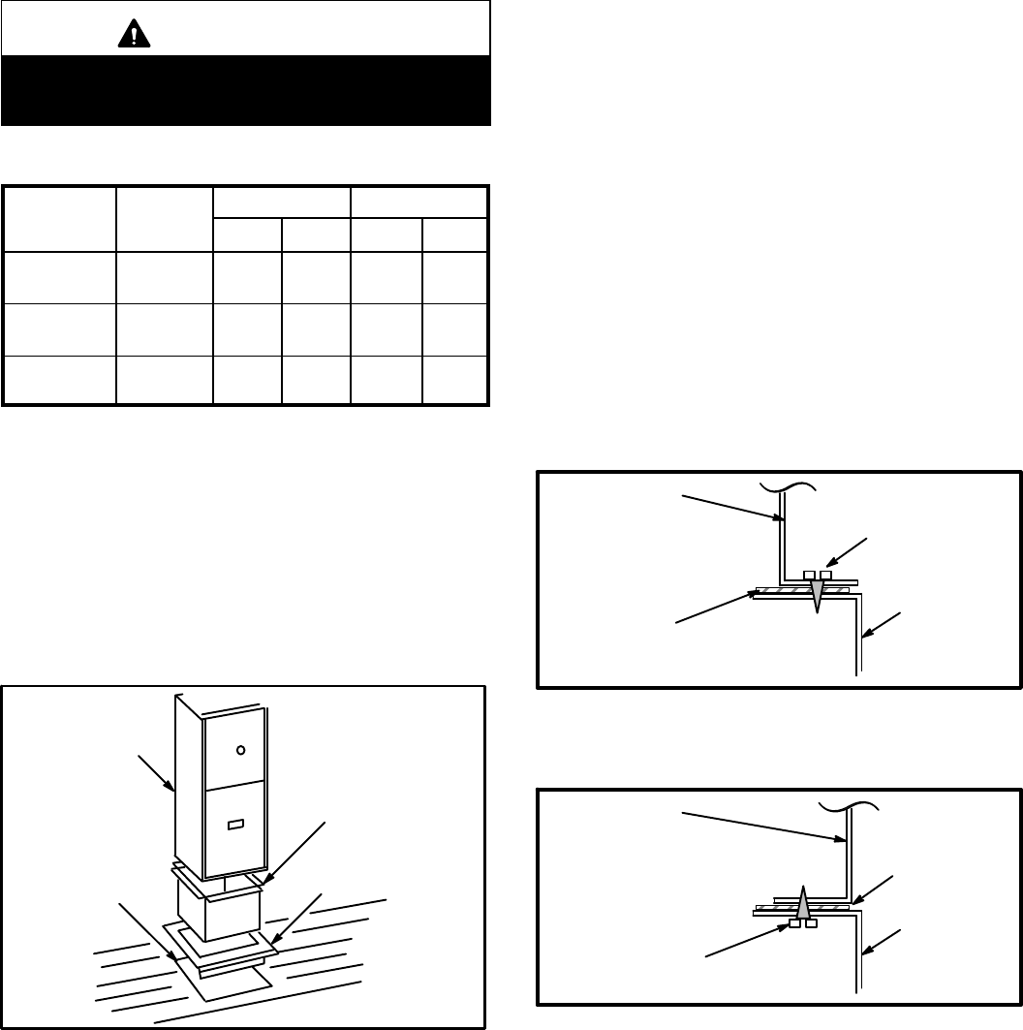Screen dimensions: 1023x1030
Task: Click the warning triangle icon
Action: (x=128, y=35)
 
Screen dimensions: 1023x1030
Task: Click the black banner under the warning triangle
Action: (x=246, y=90)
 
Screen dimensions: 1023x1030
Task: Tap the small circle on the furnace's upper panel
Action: (x=241, y=749)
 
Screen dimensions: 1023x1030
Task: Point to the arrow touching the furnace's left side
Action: (x=156, y=774)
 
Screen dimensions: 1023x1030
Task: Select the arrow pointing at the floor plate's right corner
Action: (x=295, y=919)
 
